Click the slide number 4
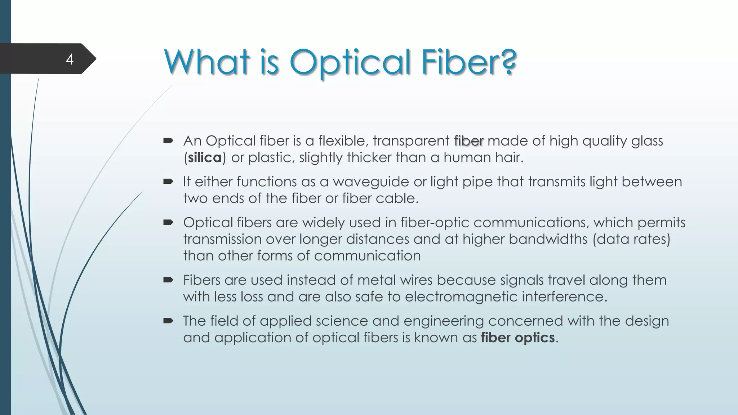coord(70,59)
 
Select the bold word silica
coord(205,158)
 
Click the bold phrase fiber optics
coord(517,338)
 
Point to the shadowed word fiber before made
coord(469,141)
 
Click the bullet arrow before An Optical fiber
coord(168,140)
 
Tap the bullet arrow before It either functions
coord(168,182)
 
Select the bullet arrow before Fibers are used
coord(168,280)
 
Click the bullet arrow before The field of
coord(168,321)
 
